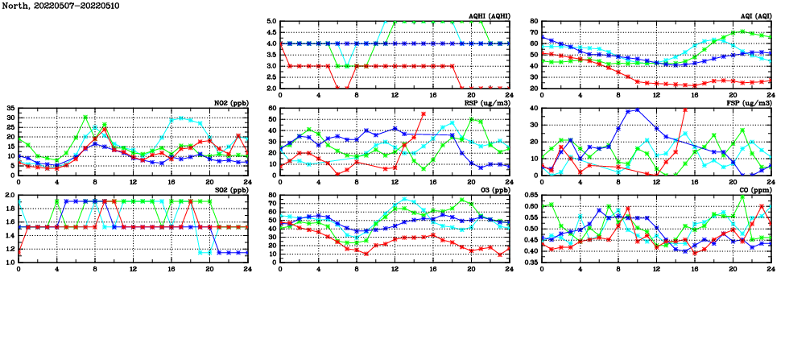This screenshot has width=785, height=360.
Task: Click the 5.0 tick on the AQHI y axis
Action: (x=272, y=22)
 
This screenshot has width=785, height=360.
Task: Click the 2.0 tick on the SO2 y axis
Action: (x=9, y=196)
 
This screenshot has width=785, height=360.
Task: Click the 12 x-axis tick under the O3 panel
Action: (x=395, y=268)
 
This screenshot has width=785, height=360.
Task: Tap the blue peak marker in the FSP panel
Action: (x=638, y=110)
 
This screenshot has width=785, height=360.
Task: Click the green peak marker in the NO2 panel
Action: (x=85, y=118)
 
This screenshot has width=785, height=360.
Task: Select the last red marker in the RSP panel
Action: (x=423, y=114)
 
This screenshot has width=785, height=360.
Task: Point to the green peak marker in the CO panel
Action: (x=742, y=197)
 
